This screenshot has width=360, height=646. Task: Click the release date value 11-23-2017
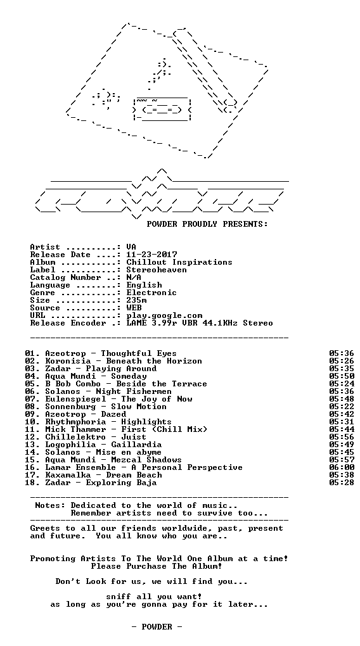point(151,255)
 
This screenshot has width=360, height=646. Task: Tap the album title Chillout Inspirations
point(179,263)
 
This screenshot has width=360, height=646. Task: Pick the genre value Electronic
point(151,293)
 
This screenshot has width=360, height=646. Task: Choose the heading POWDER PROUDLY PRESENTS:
point(207,225)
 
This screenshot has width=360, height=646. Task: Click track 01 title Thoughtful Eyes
point(139,353)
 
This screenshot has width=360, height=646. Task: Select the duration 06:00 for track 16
point(342,467)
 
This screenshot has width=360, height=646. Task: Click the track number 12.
point(30,437)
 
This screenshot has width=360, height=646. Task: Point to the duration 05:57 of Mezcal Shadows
point(342,460)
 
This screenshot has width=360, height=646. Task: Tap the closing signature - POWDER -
point(157,627)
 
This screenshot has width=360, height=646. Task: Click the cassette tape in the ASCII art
point(162,109)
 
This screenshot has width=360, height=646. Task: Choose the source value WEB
point(134,308)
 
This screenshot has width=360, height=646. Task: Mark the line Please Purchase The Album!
point(157,566)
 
